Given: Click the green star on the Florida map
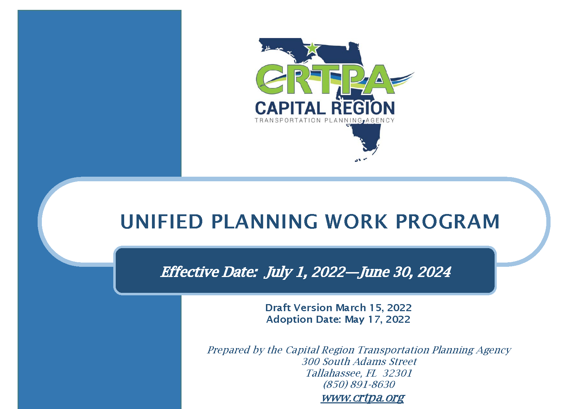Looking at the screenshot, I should tap(312, 48).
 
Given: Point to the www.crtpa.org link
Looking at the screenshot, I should tap(363, 397).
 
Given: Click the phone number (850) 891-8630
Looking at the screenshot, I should tap(359, 384).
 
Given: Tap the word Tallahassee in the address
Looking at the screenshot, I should tap(334, 373).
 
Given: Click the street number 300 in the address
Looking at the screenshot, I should tap(311, 361).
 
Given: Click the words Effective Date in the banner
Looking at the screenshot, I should tap(209, 272).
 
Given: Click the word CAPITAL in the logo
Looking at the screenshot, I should tap(290, 108).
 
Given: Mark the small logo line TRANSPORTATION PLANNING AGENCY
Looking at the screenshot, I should tap(324, 120).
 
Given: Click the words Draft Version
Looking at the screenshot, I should tap(299, 308).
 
